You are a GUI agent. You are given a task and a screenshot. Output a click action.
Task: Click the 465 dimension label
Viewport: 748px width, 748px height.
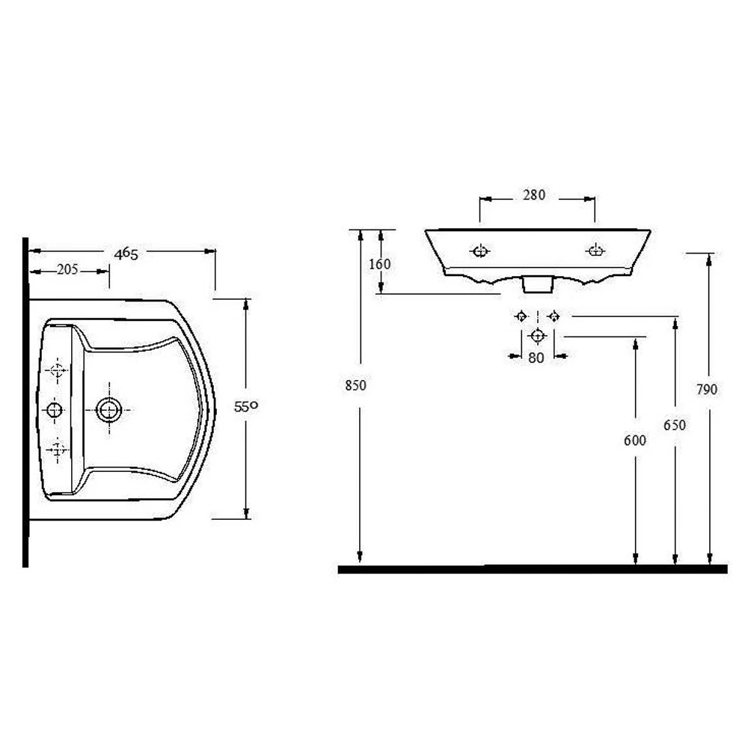pyautogui.click(x=126, y=254)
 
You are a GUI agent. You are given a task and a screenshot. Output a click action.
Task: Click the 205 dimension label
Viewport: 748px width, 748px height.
pyautogui.click(x=67, y=271)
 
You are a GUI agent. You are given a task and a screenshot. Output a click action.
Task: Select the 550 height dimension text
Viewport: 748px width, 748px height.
pyautogui.click(x=246, y=408)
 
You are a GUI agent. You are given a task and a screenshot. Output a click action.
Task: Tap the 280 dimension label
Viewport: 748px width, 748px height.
pyautogui.click(x=534, y=195)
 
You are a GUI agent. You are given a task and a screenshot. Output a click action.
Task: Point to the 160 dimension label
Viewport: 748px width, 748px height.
pyautogui.click(x=380, y=264)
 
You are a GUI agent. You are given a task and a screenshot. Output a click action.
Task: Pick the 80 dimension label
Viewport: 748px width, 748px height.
pyautogui.click(x=536, y=358)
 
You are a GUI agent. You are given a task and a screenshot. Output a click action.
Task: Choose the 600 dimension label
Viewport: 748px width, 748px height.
pyautogui.click(x=634, y=441)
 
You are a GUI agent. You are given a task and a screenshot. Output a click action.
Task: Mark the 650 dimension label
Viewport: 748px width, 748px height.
pyautogui.click(x=675, y=425)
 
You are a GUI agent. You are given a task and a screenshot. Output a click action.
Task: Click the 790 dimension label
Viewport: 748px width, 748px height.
pyautogui.click(x=707, y=389)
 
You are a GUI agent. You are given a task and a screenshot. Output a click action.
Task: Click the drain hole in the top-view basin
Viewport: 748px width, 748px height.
pyautogui.click(x=109, y=409)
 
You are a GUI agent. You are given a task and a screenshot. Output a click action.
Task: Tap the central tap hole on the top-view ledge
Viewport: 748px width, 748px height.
pyautogui.click(x=55, y=409)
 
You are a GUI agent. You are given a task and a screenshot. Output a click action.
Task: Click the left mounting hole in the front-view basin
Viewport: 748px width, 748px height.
pyautogui.click(x=479, y=251)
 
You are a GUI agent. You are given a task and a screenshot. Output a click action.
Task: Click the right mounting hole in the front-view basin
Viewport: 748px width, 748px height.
pyautogui.click(x=595, y=250)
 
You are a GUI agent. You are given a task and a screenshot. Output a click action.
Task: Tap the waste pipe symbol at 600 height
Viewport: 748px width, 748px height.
pyautogui.click(x=537, y=336)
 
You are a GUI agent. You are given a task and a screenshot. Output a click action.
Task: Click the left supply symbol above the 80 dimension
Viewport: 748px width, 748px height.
pyautogui.click(x=521, y=316)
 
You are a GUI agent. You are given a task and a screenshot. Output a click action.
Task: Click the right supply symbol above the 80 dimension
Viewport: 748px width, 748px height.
pyautogui.click(x=553, y=316)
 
